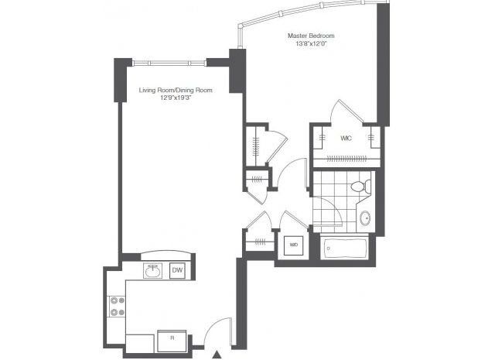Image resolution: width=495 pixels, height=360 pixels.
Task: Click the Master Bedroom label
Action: point(311,36)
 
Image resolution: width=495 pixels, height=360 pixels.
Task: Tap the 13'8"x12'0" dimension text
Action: point(311,44)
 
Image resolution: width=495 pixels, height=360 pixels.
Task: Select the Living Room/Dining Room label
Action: point(176,91)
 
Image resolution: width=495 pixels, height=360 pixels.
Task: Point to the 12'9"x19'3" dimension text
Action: point(176,98)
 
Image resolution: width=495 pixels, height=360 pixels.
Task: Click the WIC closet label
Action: point(346,138)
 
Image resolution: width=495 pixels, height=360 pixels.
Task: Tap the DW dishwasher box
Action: point(177,270)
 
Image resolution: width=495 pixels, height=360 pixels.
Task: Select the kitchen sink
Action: point(153,271)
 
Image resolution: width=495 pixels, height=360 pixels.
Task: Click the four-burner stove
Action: point(117,307)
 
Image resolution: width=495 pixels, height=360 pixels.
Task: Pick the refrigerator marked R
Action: point(172,341)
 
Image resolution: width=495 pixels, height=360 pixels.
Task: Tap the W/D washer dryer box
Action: point(294,245)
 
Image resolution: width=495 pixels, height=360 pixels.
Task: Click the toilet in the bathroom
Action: point(361,187)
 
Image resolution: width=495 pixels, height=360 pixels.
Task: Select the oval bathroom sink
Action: point(366,218)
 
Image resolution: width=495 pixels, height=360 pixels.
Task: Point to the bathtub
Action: point(344,249)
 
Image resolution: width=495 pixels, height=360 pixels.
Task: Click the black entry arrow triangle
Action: point(217,355)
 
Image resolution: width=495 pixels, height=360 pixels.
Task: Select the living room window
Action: point(169,63)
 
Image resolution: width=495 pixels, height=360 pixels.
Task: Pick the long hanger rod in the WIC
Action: point(346,159)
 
